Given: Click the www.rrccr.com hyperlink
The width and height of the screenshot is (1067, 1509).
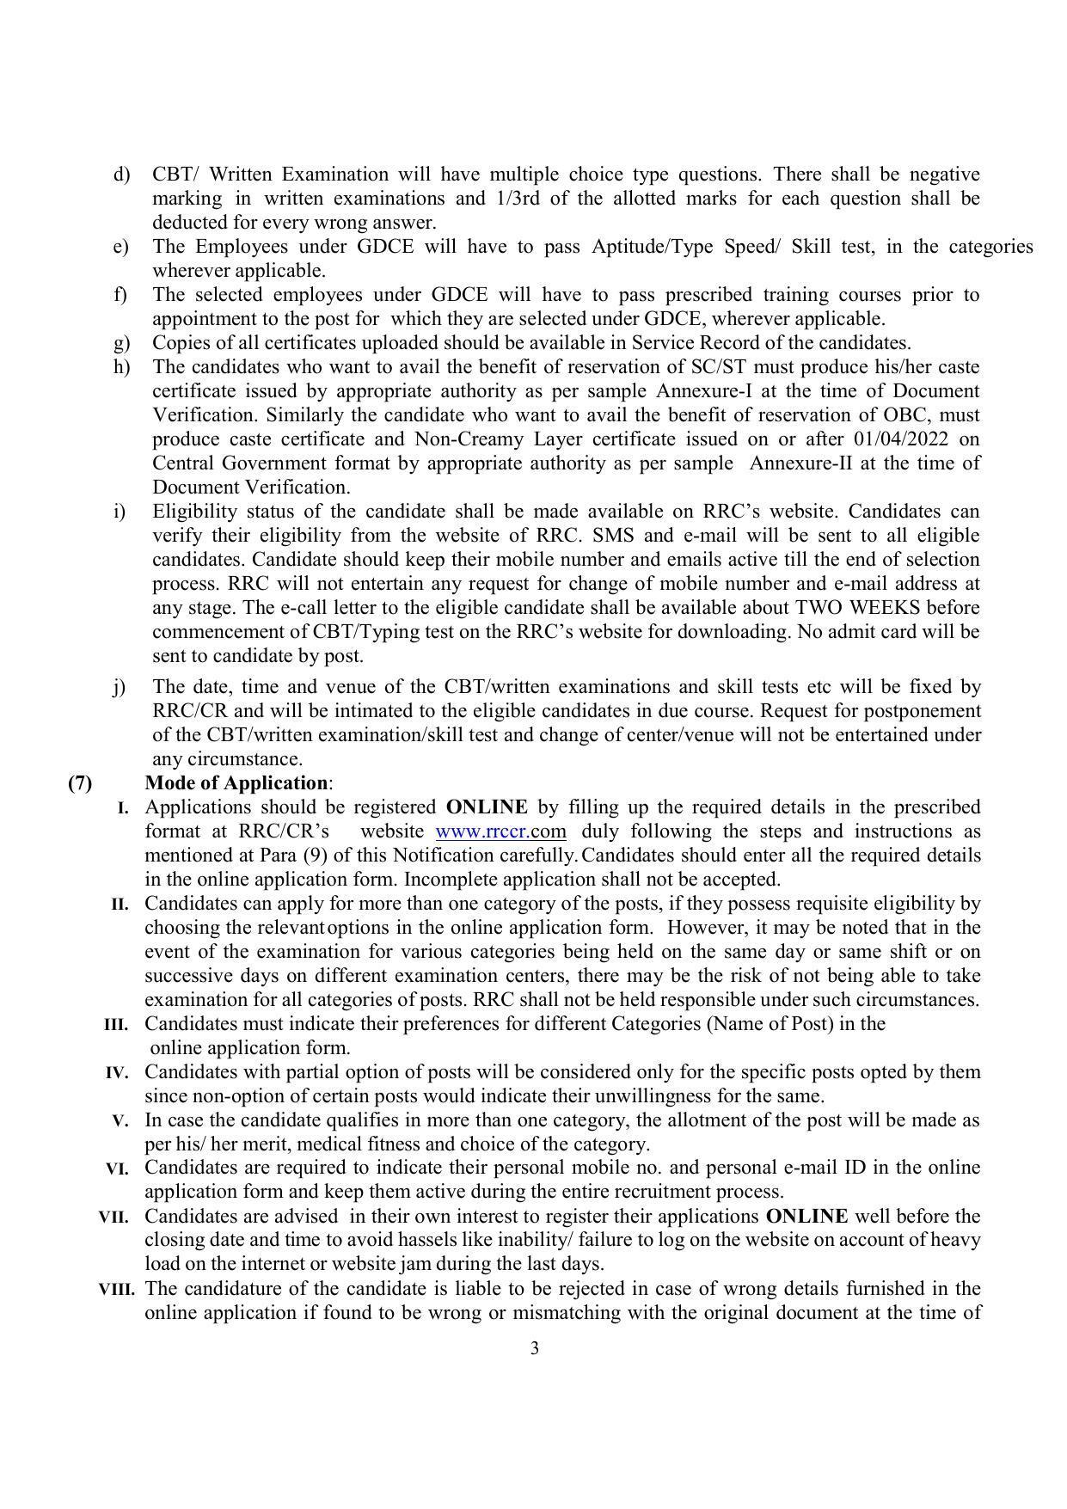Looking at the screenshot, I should coord(500,831).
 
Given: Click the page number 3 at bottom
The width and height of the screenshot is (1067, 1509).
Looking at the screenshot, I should coord(534,1348).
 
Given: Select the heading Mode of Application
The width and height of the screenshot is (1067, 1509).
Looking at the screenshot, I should coord(236,783).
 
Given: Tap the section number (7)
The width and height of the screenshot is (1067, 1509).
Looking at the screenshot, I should coord(80,783).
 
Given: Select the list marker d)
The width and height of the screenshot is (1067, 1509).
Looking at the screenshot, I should coord(120,175).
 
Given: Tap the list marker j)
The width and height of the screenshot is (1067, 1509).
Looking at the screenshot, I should coord(119,687).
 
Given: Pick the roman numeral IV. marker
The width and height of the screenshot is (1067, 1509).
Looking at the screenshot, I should coord(117,1073).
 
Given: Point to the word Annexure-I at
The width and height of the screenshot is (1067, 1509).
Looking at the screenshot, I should coord(704,391).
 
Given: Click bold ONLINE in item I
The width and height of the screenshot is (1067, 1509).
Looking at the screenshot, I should coord(487,807).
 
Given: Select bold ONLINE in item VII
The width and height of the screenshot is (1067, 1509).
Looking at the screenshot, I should coord(806,1217).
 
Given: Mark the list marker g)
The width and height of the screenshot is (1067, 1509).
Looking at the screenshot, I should coord(120,343).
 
